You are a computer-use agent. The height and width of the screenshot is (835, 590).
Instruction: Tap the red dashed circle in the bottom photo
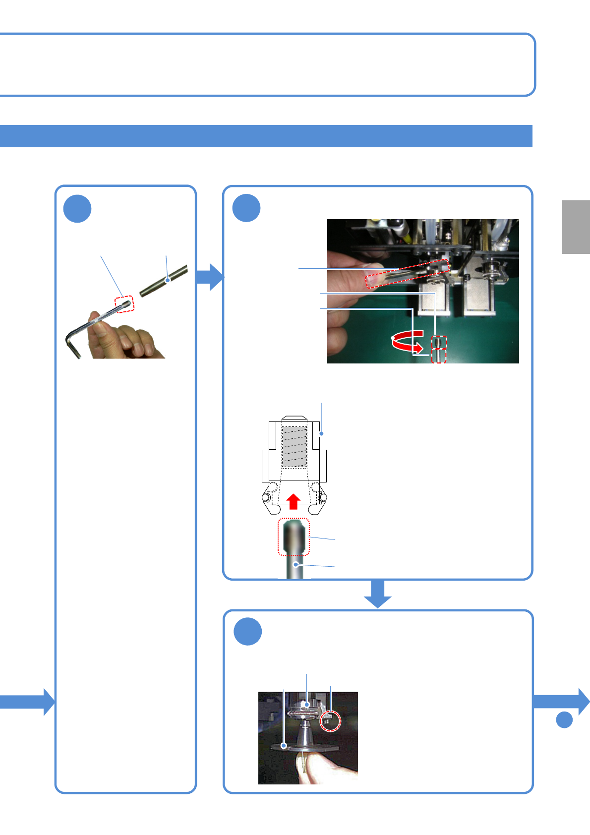pyautogui.click(x=330, y=720)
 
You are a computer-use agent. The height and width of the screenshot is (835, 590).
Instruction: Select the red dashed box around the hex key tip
pyautogui.click(x=124, y=304)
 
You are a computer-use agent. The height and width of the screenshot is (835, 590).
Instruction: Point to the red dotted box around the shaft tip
pyautogui.click(x=294, y=537)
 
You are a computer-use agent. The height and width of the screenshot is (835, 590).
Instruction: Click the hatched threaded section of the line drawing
pyautogui.click(x=294, y=447)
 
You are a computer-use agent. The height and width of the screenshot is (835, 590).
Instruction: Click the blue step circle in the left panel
pyautogui.click(x=77, y=209)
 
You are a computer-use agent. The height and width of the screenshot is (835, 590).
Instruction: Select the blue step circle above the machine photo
pyautogui.click(x=246, y=208)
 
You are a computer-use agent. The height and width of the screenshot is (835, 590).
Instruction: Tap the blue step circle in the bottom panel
pyautogui.click(x=247, y=632)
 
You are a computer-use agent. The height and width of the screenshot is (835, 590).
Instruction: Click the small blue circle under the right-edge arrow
pyautogui.click(x=564, y=719)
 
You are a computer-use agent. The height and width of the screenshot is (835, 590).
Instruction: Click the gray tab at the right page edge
pyautogui.click(x=576, y=227)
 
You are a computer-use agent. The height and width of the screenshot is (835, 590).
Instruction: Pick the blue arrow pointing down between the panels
pyautogui.click(x=378, y=594)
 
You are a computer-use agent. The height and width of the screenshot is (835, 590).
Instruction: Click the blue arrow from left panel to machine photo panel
pyautogui.click(x=210, y=277)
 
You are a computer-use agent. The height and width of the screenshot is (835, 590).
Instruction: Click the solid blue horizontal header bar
pyautogui.click(x=266, y=136)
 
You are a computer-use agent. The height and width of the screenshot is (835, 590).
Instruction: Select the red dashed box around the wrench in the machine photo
pyautogui.click(x=407, y=273)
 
